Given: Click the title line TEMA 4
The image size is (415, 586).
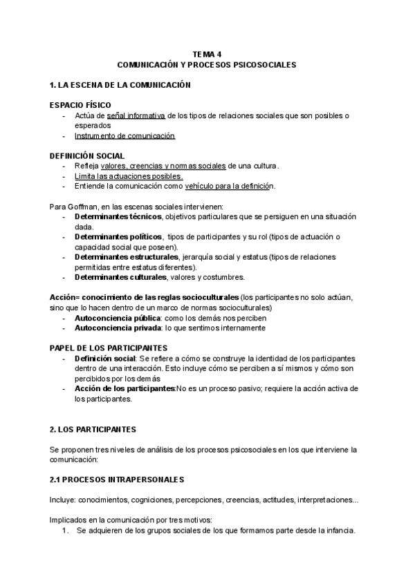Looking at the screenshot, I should tap(207, 53).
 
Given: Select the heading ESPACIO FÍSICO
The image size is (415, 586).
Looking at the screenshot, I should tap(80, 104).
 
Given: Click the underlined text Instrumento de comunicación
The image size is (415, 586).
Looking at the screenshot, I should tap(124, 136).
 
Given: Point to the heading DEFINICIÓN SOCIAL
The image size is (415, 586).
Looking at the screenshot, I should tap(87, 156).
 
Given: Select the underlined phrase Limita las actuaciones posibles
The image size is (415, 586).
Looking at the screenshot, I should tap(128, 176).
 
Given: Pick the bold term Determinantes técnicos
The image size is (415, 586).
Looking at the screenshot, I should tap(118, 216).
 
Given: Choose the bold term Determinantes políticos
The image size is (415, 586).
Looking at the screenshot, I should tap(118, 236).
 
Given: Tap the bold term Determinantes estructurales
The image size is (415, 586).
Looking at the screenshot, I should tap(126, 257).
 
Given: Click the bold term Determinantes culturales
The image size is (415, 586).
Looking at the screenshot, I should tap(120, 277).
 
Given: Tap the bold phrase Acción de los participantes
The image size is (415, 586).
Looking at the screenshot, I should tap(124, 388).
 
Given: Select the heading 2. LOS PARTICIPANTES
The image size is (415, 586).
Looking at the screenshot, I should tap(93, 429).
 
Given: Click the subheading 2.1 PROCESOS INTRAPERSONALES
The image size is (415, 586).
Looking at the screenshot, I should tap(116, 480).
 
